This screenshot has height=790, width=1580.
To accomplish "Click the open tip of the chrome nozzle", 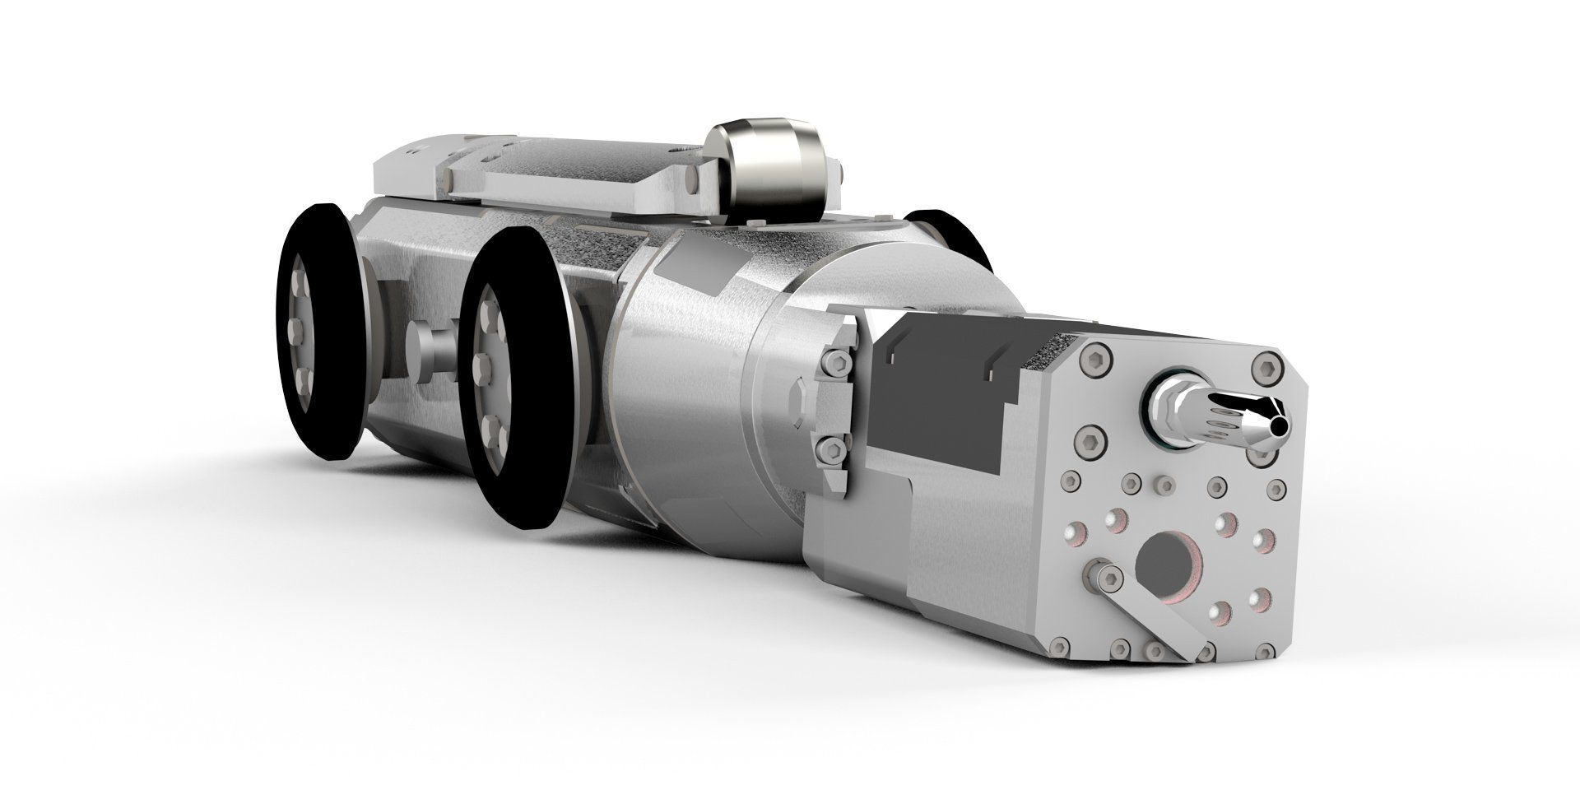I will pos(1278,426).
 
